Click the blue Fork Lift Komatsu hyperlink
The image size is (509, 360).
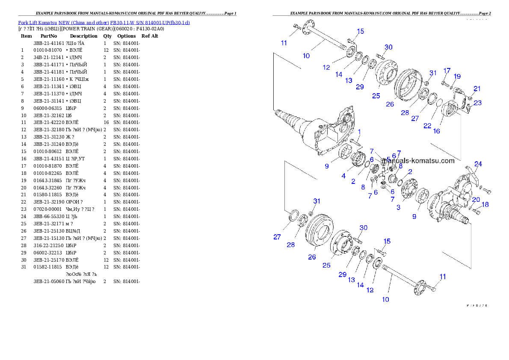(104, 22)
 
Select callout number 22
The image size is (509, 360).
(427, 126)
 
